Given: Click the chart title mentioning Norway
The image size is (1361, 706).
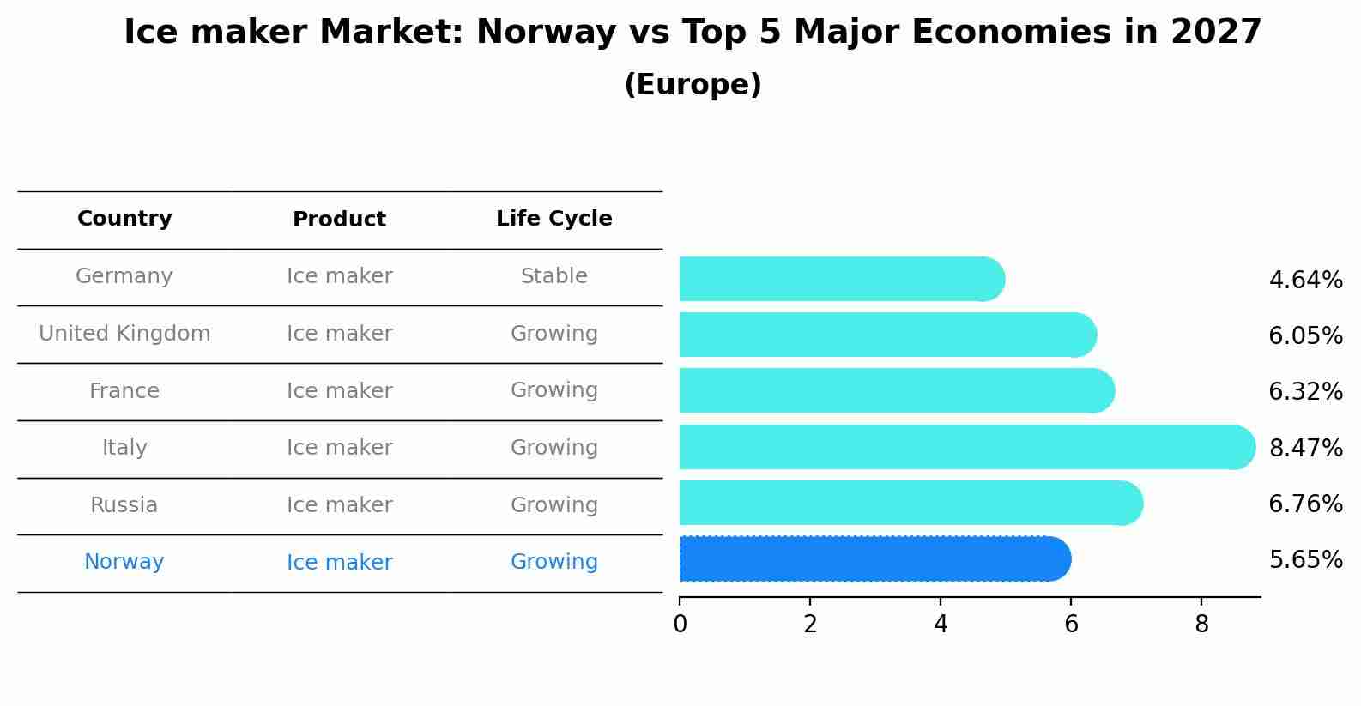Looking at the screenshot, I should coord(693,33).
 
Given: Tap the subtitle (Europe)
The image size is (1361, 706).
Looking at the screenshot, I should coord(693,85).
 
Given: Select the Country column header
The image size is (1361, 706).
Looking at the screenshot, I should coord(124,219).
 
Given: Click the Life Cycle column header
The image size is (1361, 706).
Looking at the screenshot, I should coord(553,219).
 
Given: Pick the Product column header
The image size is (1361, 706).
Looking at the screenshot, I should coord(339,220).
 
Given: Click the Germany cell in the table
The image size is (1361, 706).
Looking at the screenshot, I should coord(124,276).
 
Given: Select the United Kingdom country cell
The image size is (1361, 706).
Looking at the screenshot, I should coord(124,334).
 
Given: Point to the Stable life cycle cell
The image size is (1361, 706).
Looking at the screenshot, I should coord(553,276).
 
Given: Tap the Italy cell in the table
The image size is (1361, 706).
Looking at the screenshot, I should coord(124,448).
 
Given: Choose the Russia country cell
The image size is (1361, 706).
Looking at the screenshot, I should coord(124,505).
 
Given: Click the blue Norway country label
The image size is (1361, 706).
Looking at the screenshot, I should coord(124,562).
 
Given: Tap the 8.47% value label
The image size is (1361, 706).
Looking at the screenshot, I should coord(1305,448).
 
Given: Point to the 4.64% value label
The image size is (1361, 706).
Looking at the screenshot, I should coord(1305,281).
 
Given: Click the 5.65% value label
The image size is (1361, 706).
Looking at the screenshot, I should coord(1305,560).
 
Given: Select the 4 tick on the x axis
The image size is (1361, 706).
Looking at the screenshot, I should coord(941,625).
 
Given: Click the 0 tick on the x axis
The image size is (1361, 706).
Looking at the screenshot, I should coord(680,625).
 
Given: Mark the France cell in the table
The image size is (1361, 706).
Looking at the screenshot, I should coord(124,391).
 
